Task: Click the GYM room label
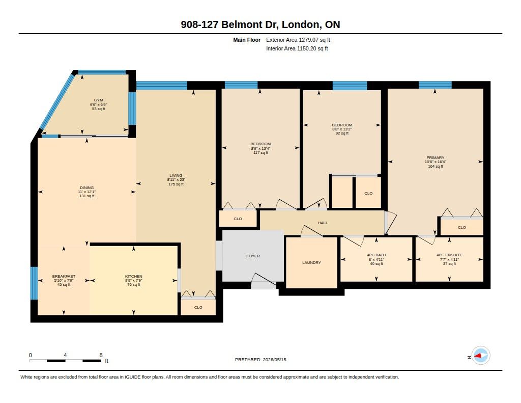[98, 100]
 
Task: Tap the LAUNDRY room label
[312, 262]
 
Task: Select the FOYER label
[253, 256]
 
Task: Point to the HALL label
[323, 223]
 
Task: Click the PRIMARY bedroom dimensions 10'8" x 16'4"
[436, 162]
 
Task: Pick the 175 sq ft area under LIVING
[176, 184]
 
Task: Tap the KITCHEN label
[134, 276]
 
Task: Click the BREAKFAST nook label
[64, 276]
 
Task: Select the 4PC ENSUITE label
[449, 255]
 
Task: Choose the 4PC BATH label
[376, 255]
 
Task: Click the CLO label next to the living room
[198, 308]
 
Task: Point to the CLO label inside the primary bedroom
[462, 228]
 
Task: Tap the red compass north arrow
[479, 356]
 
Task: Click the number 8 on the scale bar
[101, 355]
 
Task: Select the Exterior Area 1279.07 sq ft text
[298, 40]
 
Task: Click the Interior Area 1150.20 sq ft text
[297, 48]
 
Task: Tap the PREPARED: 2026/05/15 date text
[260, 360]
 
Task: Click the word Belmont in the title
[242, 24]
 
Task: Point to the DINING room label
[86, 187]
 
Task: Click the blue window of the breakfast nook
[34, 283]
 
